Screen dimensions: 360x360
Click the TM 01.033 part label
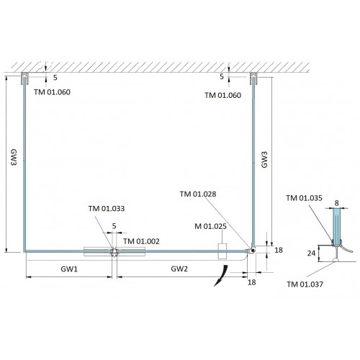click(107, 209)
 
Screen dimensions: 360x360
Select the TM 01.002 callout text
click(141, 241)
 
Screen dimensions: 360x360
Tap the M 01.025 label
click(210, 226)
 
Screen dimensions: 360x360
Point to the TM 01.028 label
click(198, 194)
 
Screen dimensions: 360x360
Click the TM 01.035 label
click(304, 198)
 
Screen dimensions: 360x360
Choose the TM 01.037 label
click(305, 284)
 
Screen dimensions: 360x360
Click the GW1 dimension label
click(69, 269)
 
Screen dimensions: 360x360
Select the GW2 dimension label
click(179, 269)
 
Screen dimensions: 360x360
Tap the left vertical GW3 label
click(14, 157)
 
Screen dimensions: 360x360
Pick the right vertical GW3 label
click(264, 160)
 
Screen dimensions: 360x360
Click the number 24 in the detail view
click(311, 253)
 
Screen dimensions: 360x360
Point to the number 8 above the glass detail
click(336, 203)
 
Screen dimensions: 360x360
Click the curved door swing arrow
click(221, 275)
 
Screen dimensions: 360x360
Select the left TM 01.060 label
click(52, 92)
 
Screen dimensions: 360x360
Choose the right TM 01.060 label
click(223, 95)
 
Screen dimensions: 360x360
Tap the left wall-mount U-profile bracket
click(24, 78)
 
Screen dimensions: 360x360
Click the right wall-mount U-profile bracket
click(253, 78)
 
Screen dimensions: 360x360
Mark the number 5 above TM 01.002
click(114, 226)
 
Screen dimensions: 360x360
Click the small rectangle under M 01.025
click(222, 251)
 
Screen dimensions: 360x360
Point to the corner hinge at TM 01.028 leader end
click(252, 250)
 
